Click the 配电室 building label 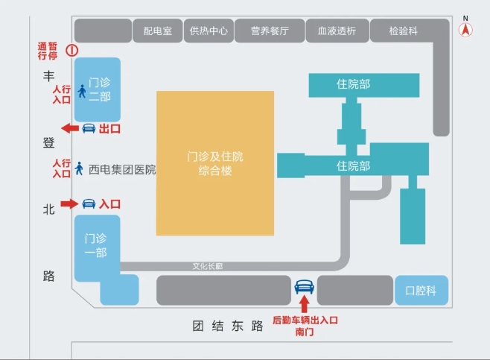click(158, 31)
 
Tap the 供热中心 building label click(209, 31)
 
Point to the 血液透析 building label click(337, 31)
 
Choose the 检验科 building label click(404, 31)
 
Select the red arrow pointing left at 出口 click(69, 128)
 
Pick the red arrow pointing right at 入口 click(69, 203)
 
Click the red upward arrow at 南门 click(303, 304)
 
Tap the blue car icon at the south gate click(303, 287)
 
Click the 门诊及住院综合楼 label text click(215, 164)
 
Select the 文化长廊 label click(208, 266)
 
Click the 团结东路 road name click(228, 326)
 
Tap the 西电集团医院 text click(122, 169)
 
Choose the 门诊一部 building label click(96, 245)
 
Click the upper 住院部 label click(353, 84)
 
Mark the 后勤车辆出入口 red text click(305, 320)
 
